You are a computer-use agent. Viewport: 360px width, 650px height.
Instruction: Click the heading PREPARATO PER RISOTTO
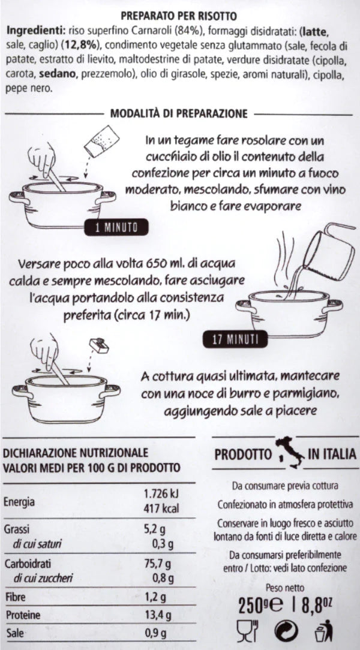click(x=179, y=17)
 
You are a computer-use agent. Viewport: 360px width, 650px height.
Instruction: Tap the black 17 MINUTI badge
click(x=235, y=340)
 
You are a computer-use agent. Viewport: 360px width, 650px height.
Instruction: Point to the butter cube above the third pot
click(x=99, y=345)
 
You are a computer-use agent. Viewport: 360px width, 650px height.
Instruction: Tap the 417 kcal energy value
click(x=161, y=509)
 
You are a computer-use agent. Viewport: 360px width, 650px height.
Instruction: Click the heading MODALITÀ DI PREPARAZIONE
click(x=179, y=113)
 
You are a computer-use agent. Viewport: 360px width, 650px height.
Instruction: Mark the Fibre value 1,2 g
click(x=155, y=597)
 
